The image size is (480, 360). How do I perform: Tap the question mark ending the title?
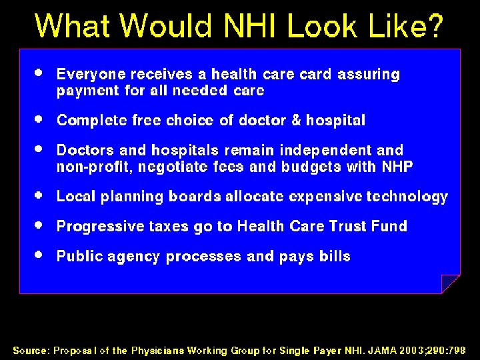click(433, 27)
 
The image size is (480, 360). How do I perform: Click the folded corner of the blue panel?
click(451, 283)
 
